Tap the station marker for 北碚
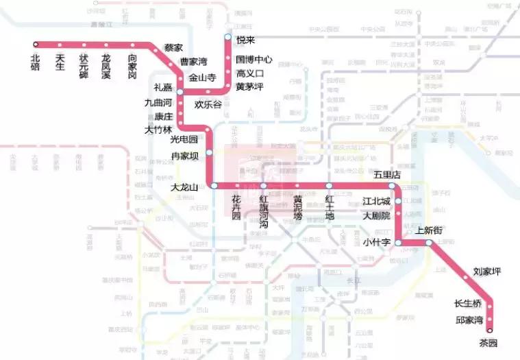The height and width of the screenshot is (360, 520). (x=36, y=45)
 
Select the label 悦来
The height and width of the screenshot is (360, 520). (x=245, y=41)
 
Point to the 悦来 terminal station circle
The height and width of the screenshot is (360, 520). (x=228, y=37)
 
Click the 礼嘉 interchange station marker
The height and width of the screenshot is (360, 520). (x=179, y=91)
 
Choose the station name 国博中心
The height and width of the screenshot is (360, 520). (x=254, y=60)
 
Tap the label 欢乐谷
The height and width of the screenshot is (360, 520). (x=208, y=105)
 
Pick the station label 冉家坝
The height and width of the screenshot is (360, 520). (x=184, y=156)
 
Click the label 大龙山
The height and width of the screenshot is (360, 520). (x=184, y=187)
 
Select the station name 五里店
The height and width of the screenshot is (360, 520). (x=386, y=175)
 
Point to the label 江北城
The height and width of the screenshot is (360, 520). (x=376, y=202)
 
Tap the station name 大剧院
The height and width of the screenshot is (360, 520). (x=376, y=215)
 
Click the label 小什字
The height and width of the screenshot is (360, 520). (x=377, y=241)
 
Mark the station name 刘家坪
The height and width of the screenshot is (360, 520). (x=487, y=272)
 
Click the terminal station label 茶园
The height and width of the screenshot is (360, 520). (x=488, y=343)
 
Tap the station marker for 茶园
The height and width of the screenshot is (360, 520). (x=490, y=329)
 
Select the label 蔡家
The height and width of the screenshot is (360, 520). (x=173, y=48)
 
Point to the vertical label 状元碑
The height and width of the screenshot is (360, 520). (x=83, y=66)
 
